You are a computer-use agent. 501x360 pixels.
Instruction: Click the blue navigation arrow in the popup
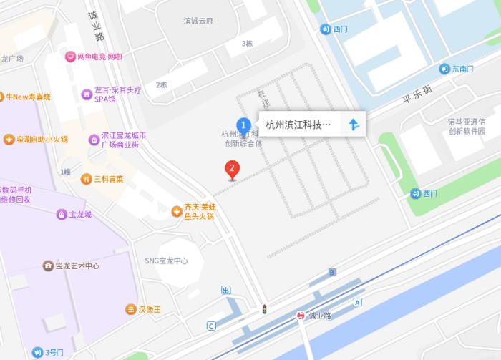pos(353,124)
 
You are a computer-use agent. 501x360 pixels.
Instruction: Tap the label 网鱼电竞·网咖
pos(99,57)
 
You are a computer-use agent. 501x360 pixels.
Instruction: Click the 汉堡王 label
pos(150,309)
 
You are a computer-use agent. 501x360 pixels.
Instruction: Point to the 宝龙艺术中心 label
pos(77,266)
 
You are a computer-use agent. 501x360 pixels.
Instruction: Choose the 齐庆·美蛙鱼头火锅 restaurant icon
pos(176,210)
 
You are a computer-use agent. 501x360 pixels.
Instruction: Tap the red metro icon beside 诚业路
pos(301,316)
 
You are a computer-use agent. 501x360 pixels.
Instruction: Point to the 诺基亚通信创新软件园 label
pos(467,127)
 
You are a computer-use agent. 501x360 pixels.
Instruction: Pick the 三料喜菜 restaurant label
pos(108,178)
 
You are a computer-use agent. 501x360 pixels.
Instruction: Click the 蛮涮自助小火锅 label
pos(42,139)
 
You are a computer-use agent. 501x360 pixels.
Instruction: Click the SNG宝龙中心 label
pos(166,261)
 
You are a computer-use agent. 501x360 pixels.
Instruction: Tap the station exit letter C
pos(210,326)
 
